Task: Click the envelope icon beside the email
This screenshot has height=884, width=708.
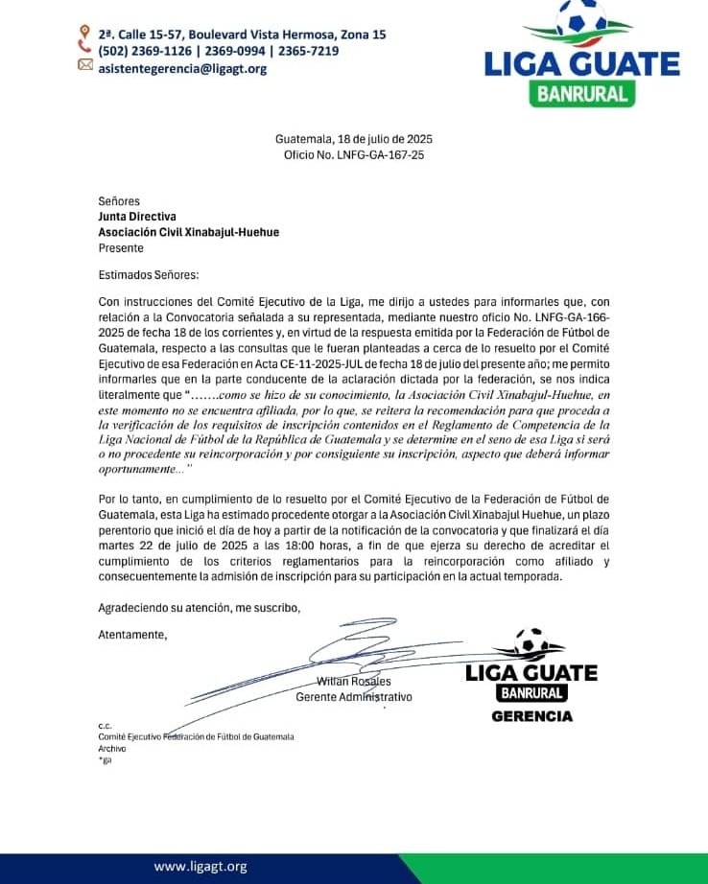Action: pyautogui.click(x=85, y=66)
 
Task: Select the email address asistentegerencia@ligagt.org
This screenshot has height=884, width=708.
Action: pyautogui.click(x=183, y=68)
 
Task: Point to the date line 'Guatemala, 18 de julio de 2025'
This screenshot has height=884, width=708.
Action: pyautogui.click(x=354, y=139)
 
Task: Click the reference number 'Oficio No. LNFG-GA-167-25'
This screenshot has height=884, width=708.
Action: pyautogui.click(x=354, y=154)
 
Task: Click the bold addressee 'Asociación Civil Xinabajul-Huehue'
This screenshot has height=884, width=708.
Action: pyautogui.click(x=189, y=232)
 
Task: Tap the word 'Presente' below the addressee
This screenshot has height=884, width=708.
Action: pyautogui.click(x=121, y=247)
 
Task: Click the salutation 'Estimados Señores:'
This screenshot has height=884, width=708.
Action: pyautogui.click(x=149, y=275)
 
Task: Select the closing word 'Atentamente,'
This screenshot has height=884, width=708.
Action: pyautogui.click(x=132, y=634)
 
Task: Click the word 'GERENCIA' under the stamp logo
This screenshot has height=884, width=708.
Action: pyautogui.click(x=531, y=716)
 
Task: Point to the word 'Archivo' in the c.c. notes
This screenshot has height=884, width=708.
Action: pyautogui.click(x=112, y=748)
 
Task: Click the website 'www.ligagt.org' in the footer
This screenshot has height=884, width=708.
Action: pyautogui.click(x=201, y=867)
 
